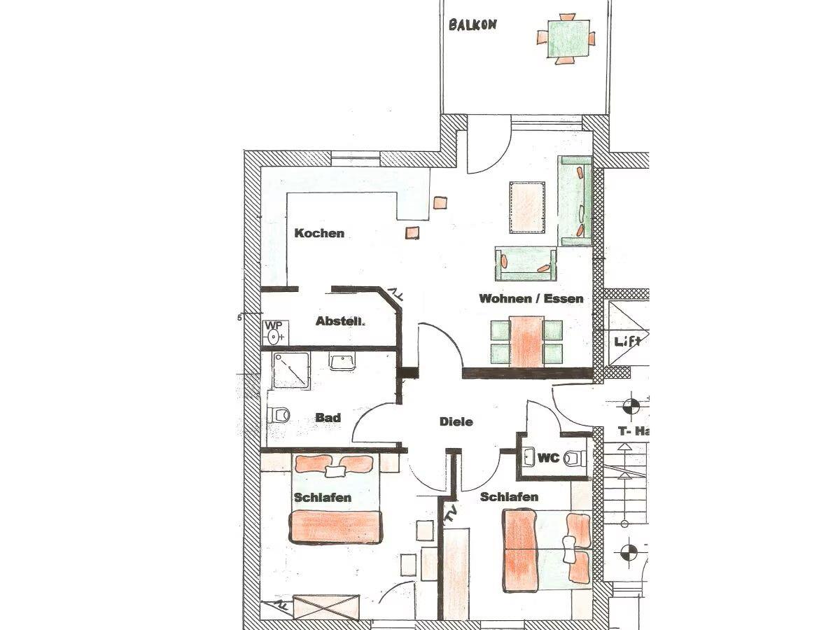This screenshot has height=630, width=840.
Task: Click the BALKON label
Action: [472, 25]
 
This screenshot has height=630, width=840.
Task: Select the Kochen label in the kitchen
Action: [319, 233]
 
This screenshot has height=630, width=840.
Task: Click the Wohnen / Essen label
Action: [531, 298]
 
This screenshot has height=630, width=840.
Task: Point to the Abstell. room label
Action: [340, 321]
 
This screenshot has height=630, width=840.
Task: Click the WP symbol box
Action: [276, 332]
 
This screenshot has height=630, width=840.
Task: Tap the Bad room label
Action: [328, 417]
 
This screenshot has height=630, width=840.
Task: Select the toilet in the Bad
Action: [279, 414]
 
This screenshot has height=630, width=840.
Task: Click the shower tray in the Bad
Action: [290, 371]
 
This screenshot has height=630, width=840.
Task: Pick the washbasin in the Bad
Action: [342, 361]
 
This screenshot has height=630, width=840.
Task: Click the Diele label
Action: [456, 421]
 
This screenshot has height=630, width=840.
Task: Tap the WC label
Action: [549, 458]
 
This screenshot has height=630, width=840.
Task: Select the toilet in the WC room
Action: [576, 457]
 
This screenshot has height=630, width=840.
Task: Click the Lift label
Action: [626, 341]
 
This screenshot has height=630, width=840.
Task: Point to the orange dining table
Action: [526, 342]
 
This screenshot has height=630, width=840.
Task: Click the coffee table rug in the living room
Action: [527, 207]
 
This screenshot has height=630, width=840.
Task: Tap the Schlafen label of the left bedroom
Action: [323, 497]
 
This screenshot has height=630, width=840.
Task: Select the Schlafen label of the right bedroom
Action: [509, 496]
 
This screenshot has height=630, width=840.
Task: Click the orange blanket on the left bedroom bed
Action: [335, 527]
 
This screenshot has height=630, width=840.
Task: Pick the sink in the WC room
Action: [529, 457]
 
